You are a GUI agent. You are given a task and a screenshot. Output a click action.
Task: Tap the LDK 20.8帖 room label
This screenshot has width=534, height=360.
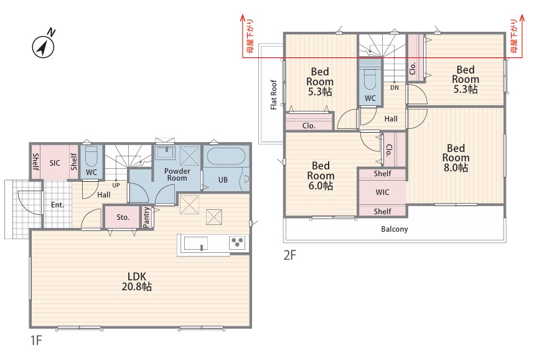pyautogui.click(x=136, y=282)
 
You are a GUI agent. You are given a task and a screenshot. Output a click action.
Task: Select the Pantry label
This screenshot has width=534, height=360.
pyautogui.click(x=146, y=217)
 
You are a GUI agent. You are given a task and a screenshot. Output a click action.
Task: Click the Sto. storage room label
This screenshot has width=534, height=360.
pyautogui.click(x=123, y=217)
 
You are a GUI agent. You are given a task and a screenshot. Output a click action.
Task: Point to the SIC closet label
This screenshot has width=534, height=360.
pyautogui.click(x=55, y=163)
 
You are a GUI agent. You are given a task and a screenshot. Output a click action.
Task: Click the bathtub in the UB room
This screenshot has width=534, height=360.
pyautogui.click(x=226, y=156)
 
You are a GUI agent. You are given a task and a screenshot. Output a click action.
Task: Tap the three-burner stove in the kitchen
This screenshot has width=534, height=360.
pyautogui.click(x=237, y=242)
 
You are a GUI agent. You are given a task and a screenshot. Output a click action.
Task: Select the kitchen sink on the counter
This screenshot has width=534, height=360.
pyautogui.click(x=196, y=243)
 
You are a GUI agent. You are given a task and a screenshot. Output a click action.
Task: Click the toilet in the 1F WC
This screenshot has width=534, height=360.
pyautogui.click(x=91, y=156)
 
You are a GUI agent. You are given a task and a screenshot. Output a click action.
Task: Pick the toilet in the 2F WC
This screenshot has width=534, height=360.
pyautogui.click(x=370, y=79)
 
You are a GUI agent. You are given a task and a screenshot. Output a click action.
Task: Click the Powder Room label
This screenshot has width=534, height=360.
pyautogui.click(x=177, y=174)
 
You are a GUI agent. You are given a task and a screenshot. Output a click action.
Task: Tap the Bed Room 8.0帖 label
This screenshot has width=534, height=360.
pyautogui.click(x=456, y=158)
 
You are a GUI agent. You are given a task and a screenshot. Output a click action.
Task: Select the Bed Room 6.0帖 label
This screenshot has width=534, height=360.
pyautogui.click(x=321, y=176)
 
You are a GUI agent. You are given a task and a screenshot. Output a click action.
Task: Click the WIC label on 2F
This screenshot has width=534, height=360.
pyautogui.click(x=382, y=192)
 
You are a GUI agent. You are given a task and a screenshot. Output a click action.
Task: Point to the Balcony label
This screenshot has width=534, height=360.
pyautogui.click(x=395, y=229)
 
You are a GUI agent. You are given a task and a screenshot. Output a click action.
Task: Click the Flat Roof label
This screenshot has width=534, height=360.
pyautogui.click(x=273, y=95)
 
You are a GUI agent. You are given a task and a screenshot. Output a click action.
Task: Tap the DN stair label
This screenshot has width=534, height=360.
pyautogui.click(x=395, y=88)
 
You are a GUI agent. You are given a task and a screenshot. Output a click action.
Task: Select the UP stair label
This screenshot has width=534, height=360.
pyautogui.click(x=116, y=185)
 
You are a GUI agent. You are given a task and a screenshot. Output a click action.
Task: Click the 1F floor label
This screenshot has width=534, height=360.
pyautogui.click(x=35, y=340)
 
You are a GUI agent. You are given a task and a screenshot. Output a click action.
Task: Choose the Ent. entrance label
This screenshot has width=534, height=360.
pyautogui.click(x=57, y=205)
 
